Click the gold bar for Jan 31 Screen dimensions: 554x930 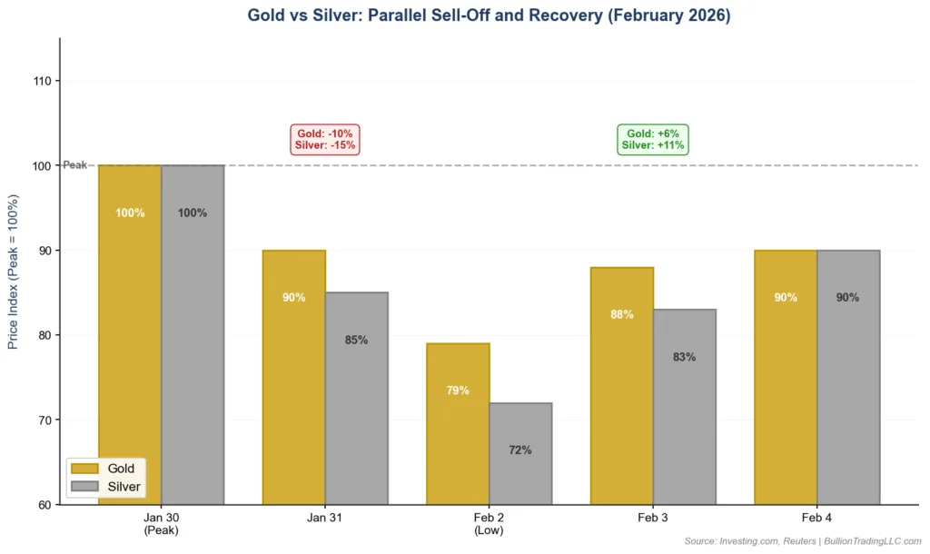(x=293, y=377)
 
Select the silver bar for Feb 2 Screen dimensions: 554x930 (x=520, y=453)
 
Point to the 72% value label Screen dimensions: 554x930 (x=520, y=450)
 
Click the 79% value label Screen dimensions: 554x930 (x=458, y=391)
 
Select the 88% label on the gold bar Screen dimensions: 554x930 (x=621, y=315)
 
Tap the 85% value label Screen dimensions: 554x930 (x=356, y=341)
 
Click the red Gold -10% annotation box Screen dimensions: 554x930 (x=324, y=139)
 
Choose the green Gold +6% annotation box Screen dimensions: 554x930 (x=653, y=139)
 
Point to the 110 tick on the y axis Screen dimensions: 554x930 (x=43, y=81)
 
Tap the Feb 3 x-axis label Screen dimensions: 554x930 (x=653, y=518)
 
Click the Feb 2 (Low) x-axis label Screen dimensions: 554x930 (x=489, y=523)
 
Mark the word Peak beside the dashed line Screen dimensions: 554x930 (x=74, y=165)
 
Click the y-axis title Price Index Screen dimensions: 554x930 (x=13, y=271)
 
